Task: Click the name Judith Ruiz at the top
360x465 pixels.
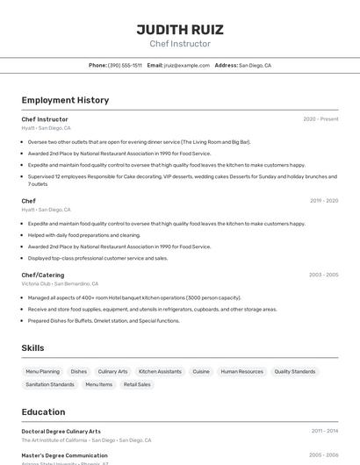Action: click(x=180, y=29)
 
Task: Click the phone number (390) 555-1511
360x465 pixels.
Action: click(x=125, y=66)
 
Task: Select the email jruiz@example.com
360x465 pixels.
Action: click(x=186, y=66)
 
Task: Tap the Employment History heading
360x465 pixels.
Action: click(x=65, y=100)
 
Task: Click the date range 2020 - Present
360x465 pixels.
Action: click(x=320, y=119)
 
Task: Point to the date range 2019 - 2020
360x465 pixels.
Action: click(x=324, y=201)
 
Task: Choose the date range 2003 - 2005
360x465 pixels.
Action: click(x=323, y=275)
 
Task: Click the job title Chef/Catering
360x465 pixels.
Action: click(x=43, y=275)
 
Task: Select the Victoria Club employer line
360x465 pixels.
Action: click(x=60, y=284)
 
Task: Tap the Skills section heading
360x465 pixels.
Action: click(x=33, y=348)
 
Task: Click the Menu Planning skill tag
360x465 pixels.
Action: click(x=43, y=372)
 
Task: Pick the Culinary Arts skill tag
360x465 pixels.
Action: click(x=112, y=372)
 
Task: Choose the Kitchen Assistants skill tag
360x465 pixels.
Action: click(x=160, y=372)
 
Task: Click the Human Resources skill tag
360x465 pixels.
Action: click(x=241, y=372)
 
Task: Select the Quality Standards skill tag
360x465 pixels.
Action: click(x=294, y=372)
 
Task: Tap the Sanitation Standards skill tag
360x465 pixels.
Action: click(x=50, y=384)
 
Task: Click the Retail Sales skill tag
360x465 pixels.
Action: click(x=137, y=384)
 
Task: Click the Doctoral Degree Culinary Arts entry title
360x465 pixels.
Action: click(x=61, y=432)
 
